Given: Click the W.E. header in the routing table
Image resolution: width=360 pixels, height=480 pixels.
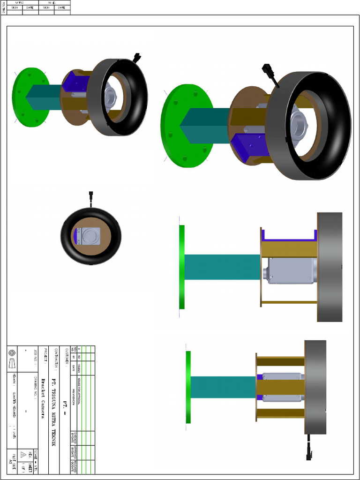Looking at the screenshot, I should pos(54,2).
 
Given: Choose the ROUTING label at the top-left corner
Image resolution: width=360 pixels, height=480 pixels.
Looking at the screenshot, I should pos(4,7).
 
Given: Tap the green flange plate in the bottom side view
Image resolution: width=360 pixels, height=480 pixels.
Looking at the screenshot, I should pos(188,387).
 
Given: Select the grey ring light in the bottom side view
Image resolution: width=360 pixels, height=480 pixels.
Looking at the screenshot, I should pos(315,387).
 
